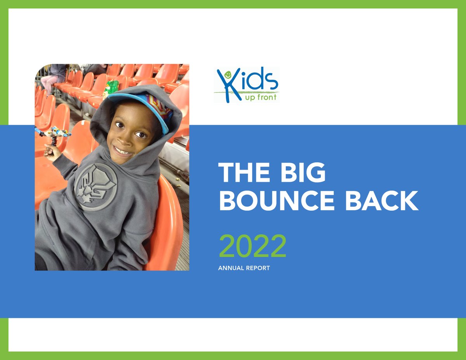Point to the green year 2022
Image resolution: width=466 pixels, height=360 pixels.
pos(252,246)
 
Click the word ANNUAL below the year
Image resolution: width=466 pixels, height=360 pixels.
pos(231,268)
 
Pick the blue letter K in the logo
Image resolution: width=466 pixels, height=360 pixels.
pos(224,85)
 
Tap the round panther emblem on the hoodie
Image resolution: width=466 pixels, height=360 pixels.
pos(96,186)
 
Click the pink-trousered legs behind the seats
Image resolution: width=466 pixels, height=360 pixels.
pos(48,82)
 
